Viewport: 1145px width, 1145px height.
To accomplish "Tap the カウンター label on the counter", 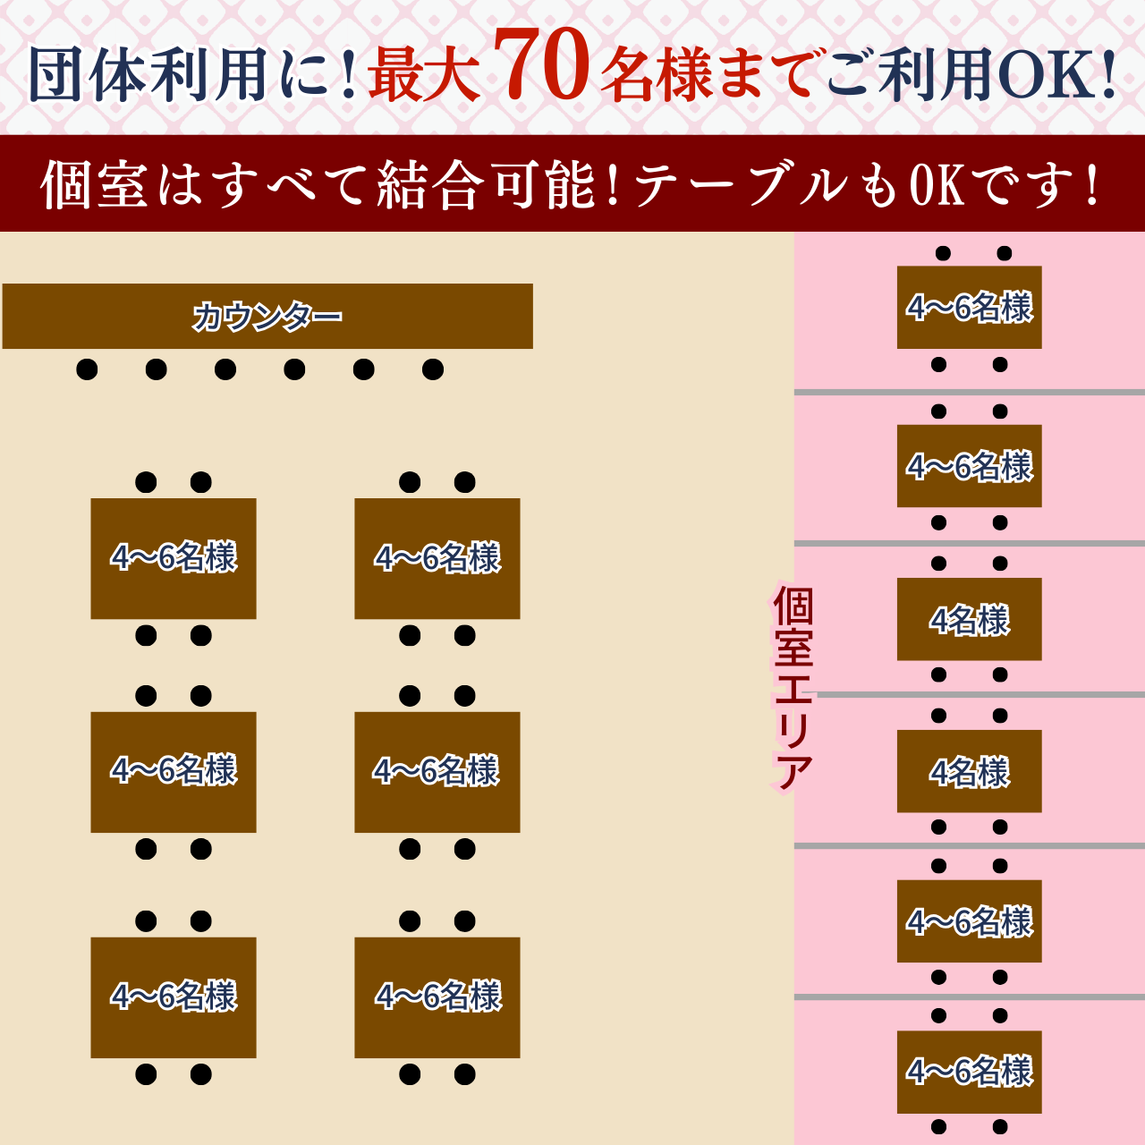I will [x=267, y=317].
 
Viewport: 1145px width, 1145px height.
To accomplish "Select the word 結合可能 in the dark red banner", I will [x=487, y=185].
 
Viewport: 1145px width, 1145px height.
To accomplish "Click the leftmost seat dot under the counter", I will [x=87, y=369].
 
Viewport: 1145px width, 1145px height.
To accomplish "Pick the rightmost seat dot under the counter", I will [x=433, y=369].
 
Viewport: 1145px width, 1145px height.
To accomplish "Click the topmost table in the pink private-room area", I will [x=969, y=308].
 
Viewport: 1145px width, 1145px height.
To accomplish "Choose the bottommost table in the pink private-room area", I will [x=969, y=1072].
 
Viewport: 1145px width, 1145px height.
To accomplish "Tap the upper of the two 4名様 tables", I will [x=969, y=619].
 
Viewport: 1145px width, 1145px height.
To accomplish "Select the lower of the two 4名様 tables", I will [x=969, y=771].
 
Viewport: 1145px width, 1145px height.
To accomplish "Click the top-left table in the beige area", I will [x=174, y=558].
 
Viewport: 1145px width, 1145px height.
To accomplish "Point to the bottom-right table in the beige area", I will [x=437, y=997].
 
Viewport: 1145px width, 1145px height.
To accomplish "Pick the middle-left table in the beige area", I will [x=174, y=772].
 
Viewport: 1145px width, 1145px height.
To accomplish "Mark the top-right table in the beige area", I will [x=437, y=558].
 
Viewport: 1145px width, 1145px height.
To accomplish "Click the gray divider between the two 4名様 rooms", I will [x=975, y=694].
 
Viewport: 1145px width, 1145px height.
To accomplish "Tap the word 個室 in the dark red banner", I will [x=93, y=185].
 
